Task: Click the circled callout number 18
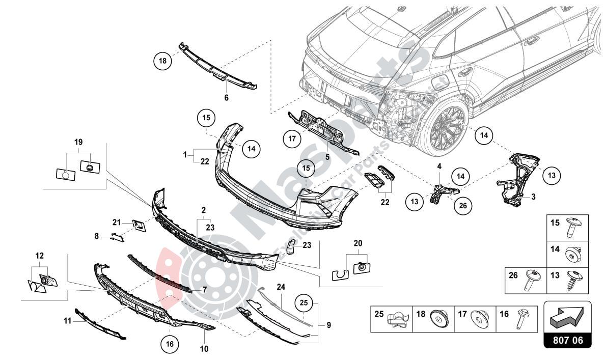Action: tap(162, 62)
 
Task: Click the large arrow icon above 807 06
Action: tap(567, 317)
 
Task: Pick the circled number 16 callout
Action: tap(170, 344)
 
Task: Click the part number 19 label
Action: tap(78, 142)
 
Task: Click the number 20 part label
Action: tap(358, 243)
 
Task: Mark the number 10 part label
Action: tap(204, 349)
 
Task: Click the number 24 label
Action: tap(281, 287)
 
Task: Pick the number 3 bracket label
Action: tap(533, 196)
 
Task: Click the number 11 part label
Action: tap(66, 321)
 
